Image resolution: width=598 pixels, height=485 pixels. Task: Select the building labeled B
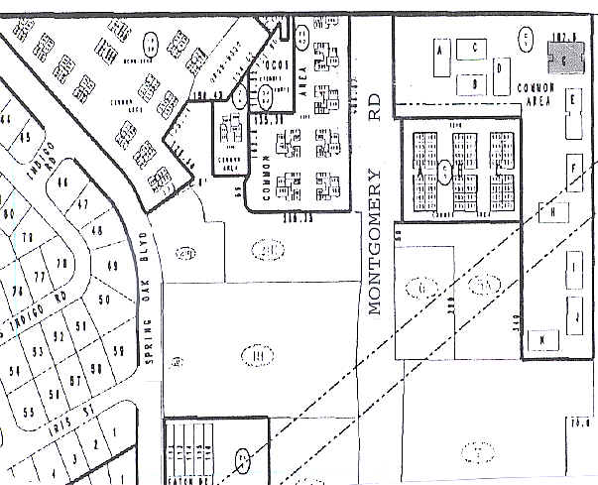coord(476,83)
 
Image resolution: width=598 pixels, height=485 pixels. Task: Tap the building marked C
coord(476,48)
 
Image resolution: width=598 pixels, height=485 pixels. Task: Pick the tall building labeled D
coord(502,72)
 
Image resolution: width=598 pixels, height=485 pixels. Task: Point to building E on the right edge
coord(571,101)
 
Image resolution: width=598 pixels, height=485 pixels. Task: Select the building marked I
coord(573,267)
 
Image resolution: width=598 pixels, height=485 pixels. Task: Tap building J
coord(573,314)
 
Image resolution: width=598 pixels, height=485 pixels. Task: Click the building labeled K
coord(543,340)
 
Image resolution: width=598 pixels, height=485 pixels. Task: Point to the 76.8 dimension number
coord(578,423)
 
